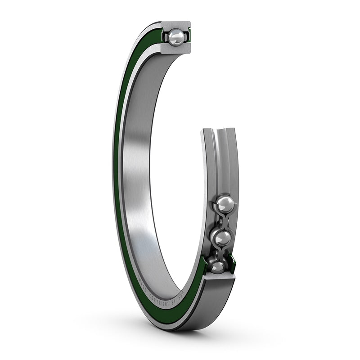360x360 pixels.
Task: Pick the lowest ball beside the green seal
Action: [x=218, y=267]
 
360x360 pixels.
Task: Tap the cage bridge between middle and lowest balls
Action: [x=220, y=253]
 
